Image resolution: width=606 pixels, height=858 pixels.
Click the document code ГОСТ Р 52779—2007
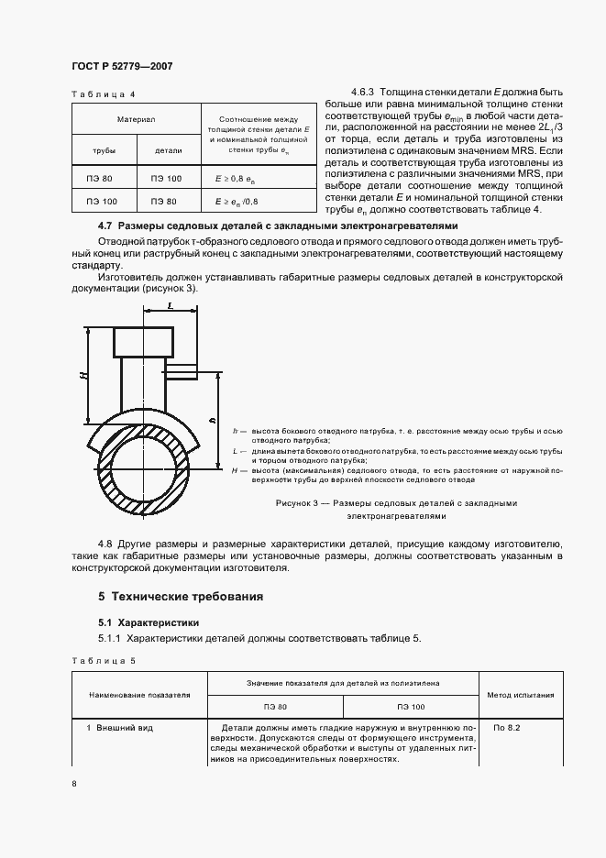pyautogui.click(x=122, y=66)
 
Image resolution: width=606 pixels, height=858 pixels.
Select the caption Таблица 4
pyautogui.click(x=103, y=94)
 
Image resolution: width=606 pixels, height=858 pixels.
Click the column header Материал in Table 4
pyautogui.click(x=136, y=119)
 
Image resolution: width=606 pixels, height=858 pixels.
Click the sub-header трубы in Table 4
pyautogui.click(x=104, y=149)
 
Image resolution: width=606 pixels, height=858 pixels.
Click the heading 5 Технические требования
pyautogui.click(x=181, y=597)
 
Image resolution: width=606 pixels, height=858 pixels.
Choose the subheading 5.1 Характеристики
pyautogui.click(x=142, y=621)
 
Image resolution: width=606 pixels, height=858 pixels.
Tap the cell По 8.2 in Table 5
pyautogui.click(x=506, y=728)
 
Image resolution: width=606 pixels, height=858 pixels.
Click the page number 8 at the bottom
pyautogui.click(x=74, y=784)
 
